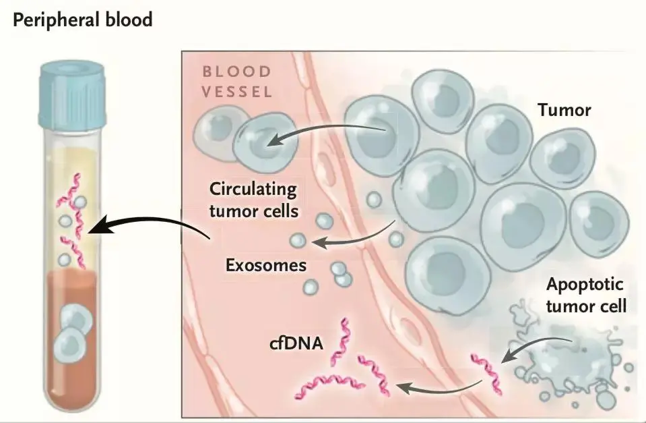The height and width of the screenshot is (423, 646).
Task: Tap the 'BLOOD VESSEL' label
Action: click(x=238, y=82)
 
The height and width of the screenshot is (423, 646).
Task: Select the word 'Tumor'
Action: click(x=564, y=110)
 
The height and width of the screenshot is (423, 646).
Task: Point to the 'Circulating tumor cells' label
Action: click(x=253, y=199)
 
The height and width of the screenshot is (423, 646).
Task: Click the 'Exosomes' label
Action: click(x=265, y=264)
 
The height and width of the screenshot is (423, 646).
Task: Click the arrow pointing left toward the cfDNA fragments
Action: click(x=438, y=387)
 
